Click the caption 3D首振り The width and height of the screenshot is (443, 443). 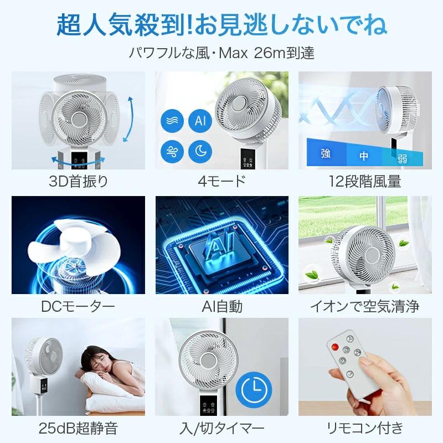[78, 181]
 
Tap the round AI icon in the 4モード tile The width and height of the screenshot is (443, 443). [200, 120]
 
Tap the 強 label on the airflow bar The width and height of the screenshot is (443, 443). [326, 154]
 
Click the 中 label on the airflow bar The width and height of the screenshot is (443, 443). [363, 156]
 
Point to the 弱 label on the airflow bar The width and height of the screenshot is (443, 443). [402, 158]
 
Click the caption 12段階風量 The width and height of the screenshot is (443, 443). [364, 181]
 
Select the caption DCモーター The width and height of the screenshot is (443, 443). [78, 306]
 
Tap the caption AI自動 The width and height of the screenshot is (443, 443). [221, 306]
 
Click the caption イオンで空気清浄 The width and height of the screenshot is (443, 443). [364, 306]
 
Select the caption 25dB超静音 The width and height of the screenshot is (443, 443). [78, 427]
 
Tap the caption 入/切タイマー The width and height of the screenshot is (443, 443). [221, 427]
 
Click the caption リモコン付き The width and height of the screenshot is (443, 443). [364, 427]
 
